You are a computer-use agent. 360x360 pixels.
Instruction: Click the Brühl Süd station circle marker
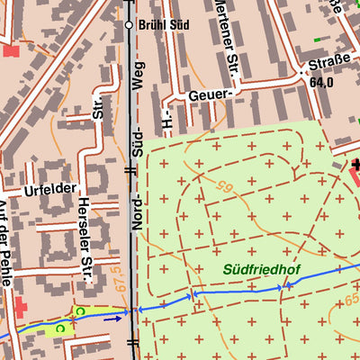coord(129,25)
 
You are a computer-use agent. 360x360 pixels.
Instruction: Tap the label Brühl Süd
coord(158,25)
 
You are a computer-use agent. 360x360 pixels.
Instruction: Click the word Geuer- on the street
coord(211,94)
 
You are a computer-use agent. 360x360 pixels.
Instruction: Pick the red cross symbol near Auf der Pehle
coord(21,309)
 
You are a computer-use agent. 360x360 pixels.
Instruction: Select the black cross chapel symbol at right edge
coord(355,165)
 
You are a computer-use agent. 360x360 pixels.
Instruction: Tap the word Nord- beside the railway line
coord(139,211)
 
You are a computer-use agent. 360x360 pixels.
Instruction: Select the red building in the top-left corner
coord(10,49)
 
